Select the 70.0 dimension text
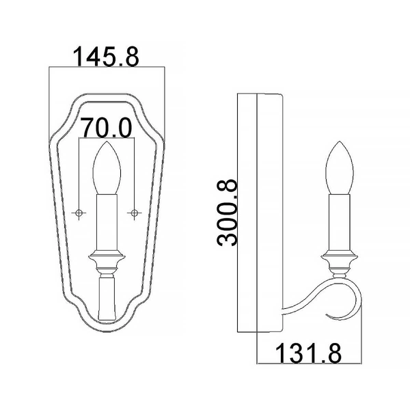(x=106, y=126)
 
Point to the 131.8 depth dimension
(x=308, y=353)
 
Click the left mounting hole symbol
(x=79, y=213)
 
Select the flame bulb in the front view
(x=106, y=169)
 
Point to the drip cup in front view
(x=106, y=261)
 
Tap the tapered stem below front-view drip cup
(x=106, y=297)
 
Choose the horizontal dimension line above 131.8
(x=308, y=365)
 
